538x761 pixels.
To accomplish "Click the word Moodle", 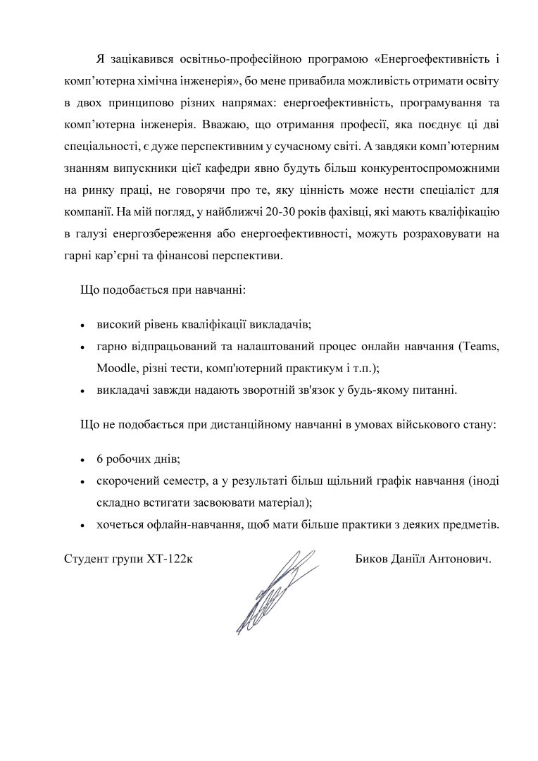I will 116,368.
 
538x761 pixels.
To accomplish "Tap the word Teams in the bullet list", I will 480,347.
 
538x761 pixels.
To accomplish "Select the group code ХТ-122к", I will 171,559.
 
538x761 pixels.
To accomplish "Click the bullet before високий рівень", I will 82,326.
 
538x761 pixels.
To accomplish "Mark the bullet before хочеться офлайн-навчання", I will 82,525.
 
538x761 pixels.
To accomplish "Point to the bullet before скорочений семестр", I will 82,482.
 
